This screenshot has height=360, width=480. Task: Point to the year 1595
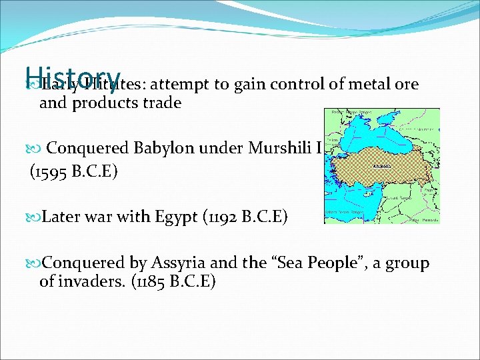[x=55, y=173]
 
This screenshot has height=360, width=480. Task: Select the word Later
[x=60, y=216]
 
